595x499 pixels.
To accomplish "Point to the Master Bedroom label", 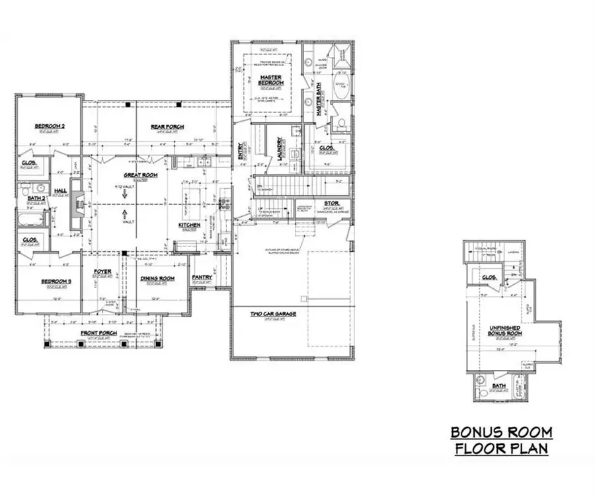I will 270,79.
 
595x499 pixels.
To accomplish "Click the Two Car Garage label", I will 272,313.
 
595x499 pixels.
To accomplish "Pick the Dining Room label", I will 157,279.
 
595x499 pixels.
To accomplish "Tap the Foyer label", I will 102,272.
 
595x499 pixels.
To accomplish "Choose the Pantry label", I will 202,278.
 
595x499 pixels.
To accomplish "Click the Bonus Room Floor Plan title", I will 501,441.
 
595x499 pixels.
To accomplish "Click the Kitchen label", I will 188,226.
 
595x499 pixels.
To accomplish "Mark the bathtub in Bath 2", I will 33,219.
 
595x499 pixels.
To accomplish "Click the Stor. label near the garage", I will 331,203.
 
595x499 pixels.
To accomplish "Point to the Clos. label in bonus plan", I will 489,278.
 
